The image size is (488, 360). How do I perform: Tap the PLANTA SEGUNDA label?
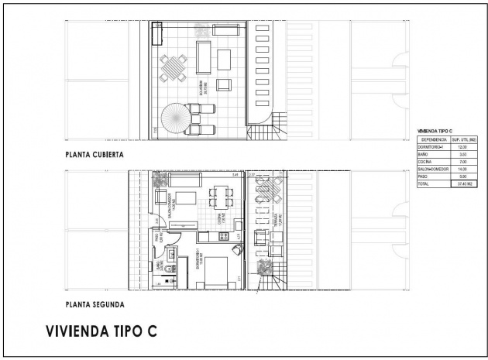(96, 304)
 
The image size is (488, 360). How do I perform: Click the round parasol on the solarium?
(175, 118)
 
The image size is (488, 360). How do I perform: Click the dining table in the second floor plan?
(218, 201)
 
